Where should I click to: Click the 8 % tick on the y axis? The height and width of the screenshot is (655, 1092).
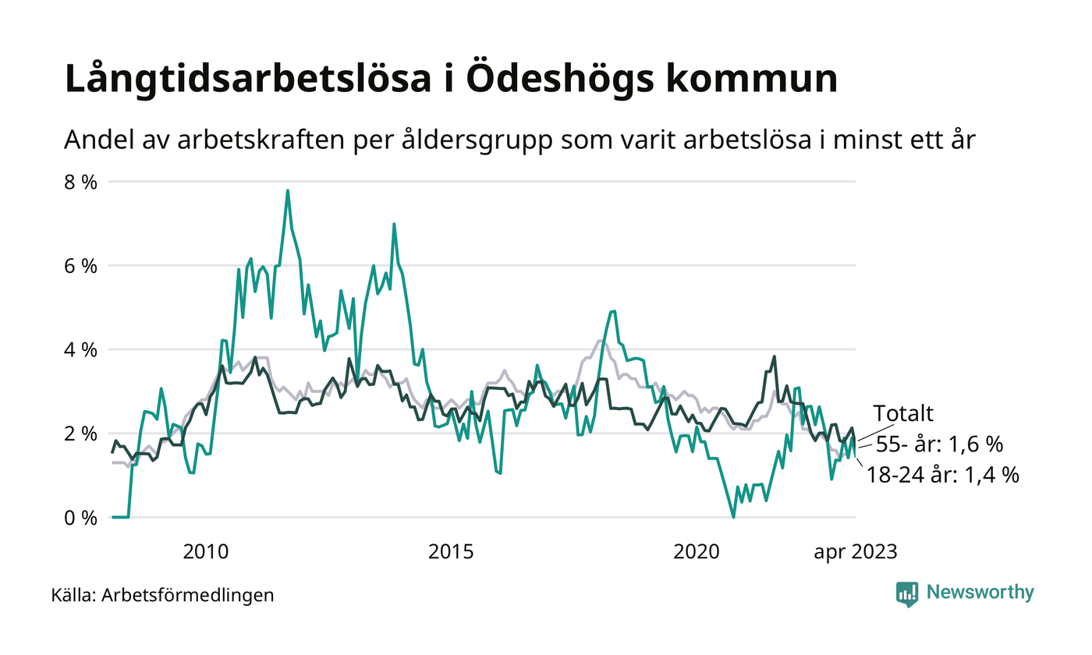tap(81, 182)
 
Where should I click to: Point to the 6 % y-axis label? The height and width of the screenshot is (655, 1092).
tap(81, 266)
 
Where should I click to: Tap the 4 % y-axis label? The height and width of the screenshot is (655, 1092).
tap(81, 349)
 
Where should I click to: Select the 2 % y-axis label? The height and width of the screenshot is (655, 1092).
tap(81, 434)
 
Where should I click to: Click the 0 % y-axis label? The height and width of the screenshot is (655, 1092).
tap(81, 517)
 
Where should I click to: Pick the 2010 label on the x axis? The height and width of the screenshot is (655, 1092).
tap(205, 552)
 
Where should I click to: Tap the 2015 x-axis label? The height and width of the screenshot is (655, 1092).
tap(451, 552)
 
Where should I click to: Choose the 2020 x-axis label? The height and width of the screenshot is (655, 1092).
tap(696, 552)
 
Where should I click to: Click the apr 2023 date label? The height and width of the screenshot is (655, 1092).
tap(856, 552)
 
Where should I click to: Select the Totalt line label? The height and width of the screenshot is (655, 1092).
tap(903, 413)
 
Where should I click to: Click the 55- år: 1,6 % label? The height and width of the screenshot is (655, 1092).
tap(939, 444)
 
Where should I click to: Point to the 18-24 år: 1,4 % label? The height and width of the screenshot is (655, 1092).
tap(943, 475)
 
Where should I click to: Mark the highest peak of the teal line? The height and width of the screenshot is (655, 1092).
tap(288, 190)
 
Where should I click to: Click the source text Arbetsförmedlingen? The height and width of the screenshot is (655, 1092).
tap(188, 595)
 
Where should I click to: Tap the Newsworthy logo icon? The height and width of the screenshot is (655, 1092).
tap(907, 593)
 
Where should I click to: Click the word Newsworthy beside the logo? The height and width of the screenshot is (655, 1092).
tap(980, 593)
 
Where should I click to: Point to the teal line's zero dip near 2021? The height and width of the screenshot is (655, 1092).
tap(733, 516)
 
